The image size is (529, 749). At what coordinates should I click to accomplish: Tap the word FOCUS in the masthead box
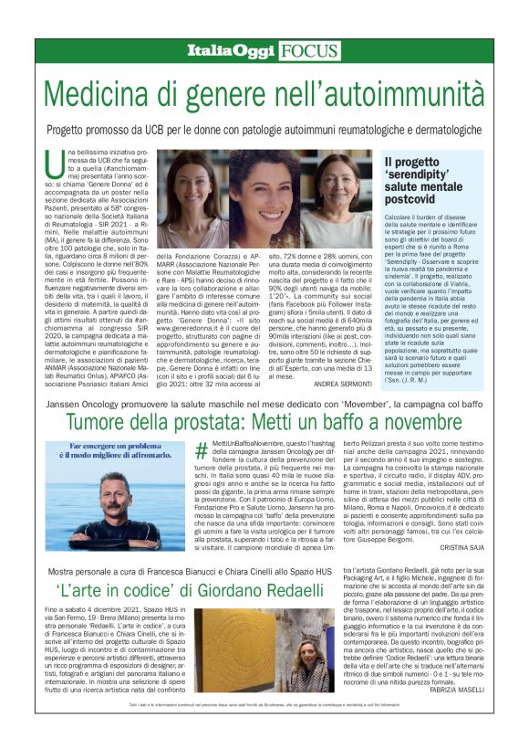click(x=309, y=52)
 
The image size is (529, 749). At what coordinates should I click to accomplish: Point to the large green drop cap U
click(x=54, y=165)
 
